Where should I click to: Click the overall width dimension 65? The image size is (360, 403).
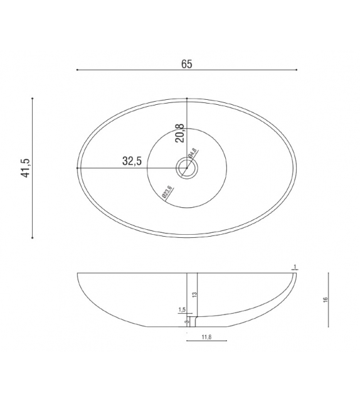coord(186,63)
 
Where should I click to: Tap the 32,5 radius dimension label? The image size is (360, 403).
coord(132,161)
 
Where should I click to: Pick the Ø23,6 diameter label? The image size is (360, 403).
coord(167,191)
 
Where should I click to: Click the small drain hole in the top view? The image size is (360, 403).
coord(186,168)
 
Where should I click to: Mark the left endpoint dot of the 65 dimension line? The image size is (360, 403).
coord(77,70)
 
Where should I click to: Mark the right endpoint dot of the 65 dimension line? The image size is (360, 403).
coord(297,70)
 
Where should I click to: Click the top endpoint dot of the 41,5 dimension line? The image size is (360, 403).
coord(33,99)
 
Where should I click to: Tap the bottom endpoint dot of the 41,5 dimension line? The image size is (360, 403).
coord(33,237)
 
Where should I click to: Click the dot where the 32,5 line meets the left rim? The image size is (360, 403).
coord(77,168)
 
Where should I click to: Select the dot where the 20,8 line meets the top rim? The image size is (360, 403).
coord(187,99)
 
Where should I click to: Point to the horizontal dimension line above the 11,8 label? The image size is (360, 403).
coord(206,342)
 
